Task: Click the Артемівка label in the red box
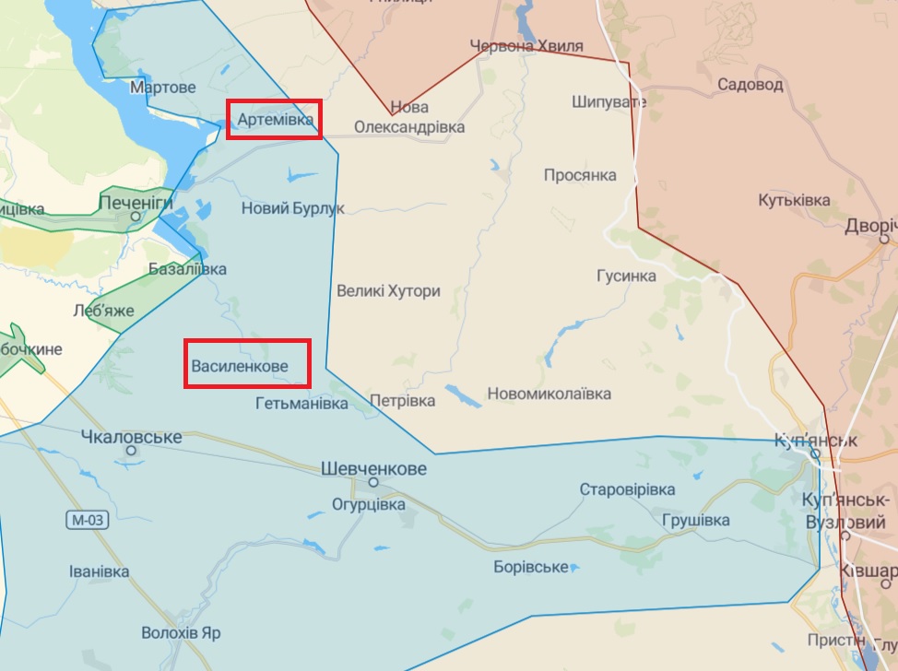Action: coord(276,120)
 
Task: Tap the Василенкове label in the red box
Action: coord(240,367)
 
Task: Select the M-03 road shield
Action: coord(89,520)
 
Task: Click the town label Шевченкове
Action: coord(373,468)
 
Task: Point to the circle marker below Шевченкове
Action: coord(373,482)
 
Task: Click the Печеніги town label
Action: coord(136,200)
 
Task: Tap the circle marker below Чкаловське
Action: coord(132,451)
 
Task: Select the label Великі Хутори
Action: coord(388,291)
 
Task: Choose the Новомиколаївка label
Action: coord(549,394)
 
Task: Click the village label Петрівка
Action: coord(402,401)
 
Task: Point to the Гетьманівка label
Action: coord(301,404)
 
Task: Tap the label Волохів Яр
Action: coord(181,633)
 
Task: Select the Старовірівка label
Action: coord(627,489)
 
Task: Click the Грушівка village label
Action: coord(695,520)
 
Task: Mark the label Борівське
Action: coord(530,566)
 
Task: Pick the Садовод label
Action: coord(750,85)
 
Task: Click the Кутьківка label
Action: coord(794,200)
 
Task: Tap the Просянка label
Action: coord(580,175)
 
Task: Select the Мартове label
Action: coord(163,88)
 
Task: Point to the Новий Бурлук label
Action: coord(292,208)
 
